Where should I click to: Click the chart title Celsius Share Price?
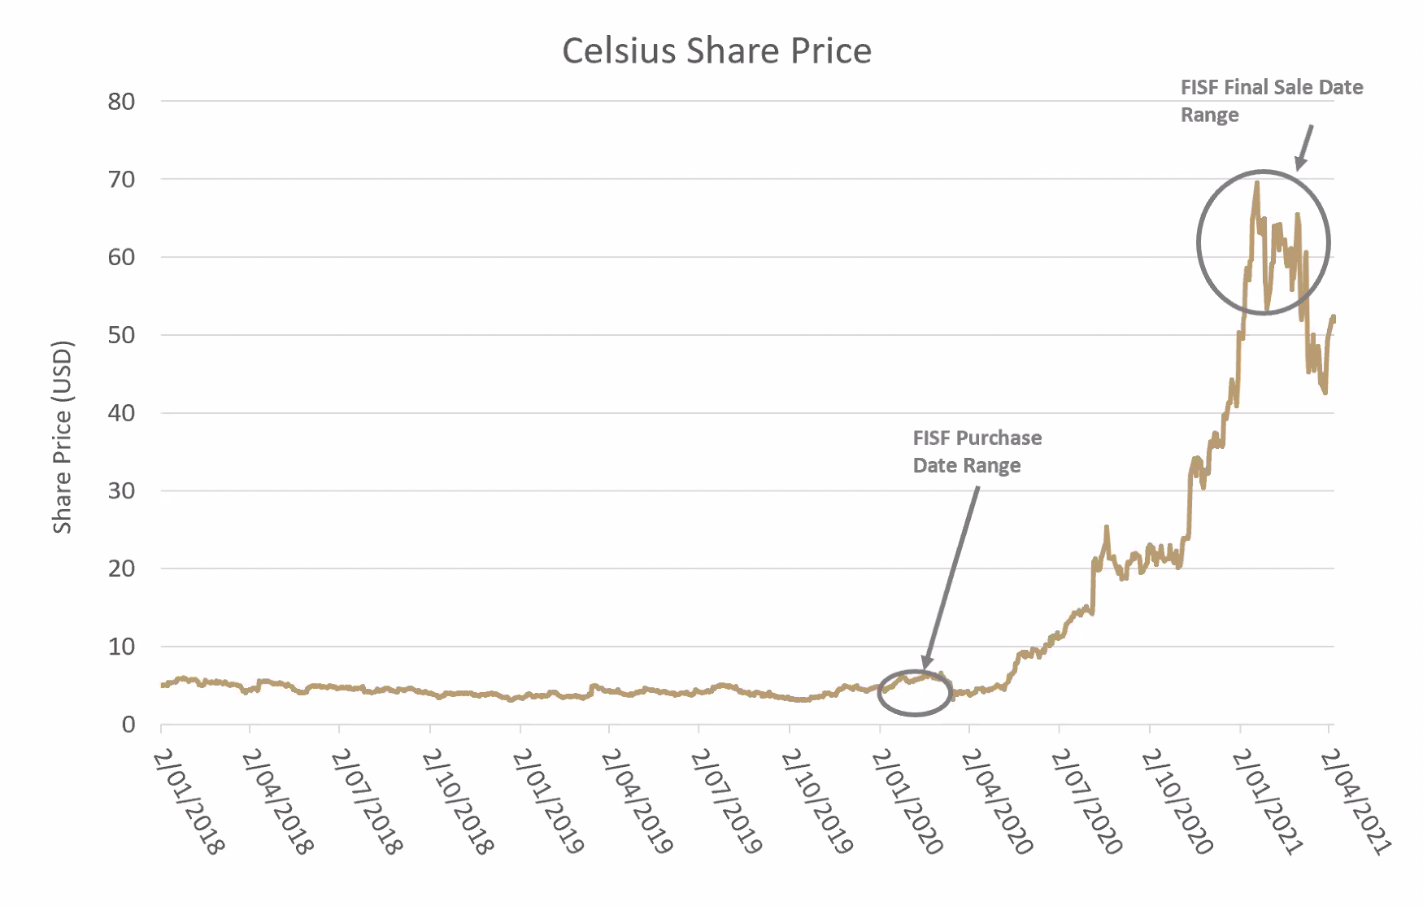tap(716, 50)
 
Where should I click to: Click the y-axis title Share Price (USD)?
tap(63, 437)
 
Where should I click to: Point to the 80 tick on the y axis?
tap(121, 102)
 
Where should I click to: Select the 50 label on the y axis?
tap(121, 335)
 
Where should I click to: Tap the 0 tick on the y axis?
tap(128, 725)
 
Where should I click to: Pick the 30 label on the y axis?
tap(121, 490)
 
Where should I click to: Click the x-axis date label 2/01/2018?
tap(188, 802)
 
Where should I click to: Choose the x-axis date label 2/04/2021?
tap(1356, 802)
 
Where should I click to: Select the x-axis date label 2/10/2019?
tap(816, 802)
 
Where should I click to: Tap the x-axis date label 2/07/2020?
tap(1086, 802)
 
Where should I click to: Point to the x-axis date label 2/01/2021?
tap(1267, 802)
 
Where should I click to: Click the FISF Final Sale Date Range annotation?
tap(1271, 101)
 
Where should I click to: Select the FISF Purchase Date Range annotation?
tap(977, 451)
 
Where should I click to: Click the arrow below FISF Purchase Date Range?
tap(951, 577)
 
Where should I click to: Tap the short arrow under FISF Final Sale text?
tap(1304, 147)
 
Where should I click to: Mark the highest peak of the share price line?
tap(1257, 182)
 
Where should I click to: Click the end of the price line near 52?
tap(1334, 317)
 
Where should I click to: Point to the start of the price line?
tap(163, 685)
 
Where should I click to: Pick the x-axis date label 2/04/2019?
tap(637, 802)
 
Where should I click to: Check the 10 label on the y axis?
tap(121, 647)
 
